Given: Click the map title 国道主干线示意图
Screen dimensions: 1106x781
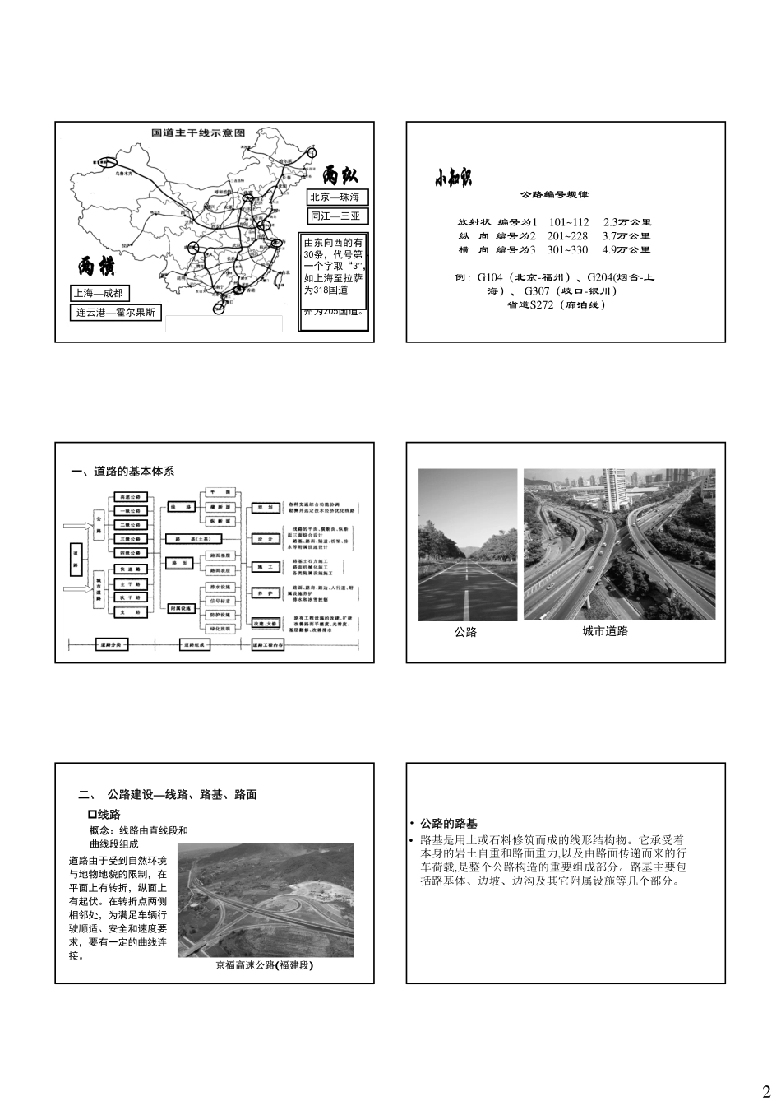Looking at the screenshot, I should tap(198, 132).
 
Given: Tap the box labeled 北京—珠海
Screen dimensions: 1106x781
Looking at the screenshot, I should tap(337, 197).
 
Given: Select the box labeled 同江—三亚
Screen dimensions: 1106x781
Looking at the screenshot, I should tap(337, 216).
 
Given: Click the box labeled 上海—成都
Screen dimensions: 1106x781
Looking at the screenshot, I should tap(99, 293).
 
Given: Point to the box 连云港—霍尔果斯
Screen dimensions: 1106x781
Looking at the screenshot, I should tap(116, 313).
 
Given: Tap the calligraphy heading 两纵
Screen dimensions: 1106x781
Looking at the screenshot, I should tap(340, 175).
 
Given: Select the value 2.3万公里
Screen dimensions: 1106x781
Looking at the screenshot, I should tap(627, 222).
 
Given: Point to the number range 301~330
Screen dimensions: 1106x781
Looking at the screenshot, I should tap(568, 249).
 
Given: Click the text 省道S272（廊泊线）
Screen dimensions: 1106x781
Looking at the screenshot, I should tap(556, 304).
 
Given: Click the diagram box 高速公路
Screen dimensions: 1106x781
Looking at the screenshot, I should tap(131, 497).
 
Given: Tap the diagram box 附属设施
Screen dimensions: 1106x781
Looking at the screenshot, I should tap(182, 608).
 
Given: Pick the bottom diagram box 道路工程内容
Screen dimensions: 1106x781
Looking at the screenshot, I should tap(267, 645).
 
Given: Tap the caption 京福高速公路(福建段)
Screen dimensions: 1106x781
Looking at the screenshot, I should tap(264, 965).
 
